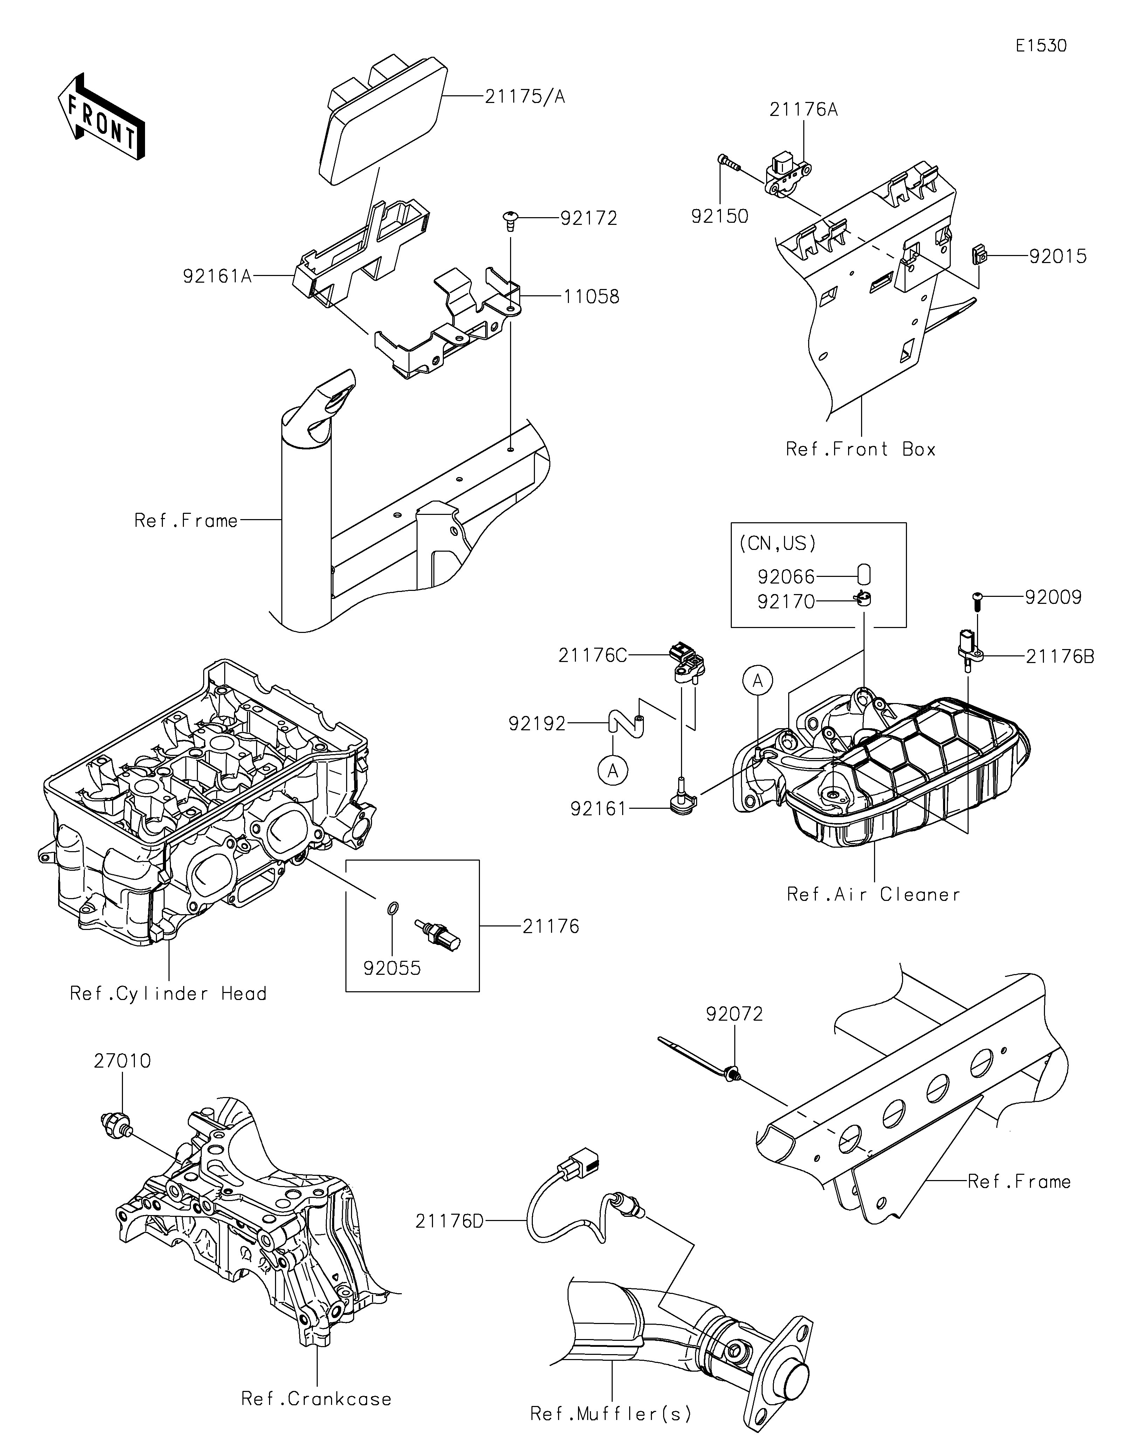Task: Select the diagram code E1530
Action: coord(1041,46)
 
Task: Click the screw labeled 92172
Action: coord(510,220)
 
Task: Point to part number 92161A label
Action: coord(218,276)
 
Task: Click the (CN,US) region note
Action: coord(777,544)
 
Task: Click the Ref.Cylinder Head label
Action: coord(169,993)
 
